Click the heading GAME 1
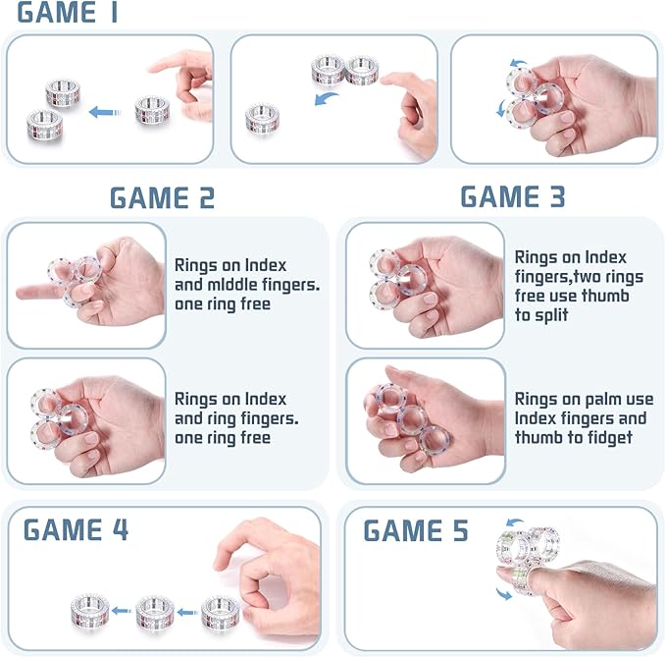67,12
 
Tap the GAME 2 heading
162,198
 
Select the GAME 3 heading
513,196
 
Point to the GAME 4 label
76,530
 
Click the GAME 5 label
416,531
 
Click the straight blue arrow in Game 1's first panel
105,112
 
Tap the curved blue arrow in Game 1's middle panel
326,98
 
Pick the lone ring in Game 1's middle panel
263,119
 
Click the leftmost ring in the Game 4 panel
90,611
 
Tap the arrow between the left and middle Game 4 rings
122,611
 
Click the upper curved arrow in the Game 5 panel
515,522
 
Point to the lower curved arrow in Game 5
504,593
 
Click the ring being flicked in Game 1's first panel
152,110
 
